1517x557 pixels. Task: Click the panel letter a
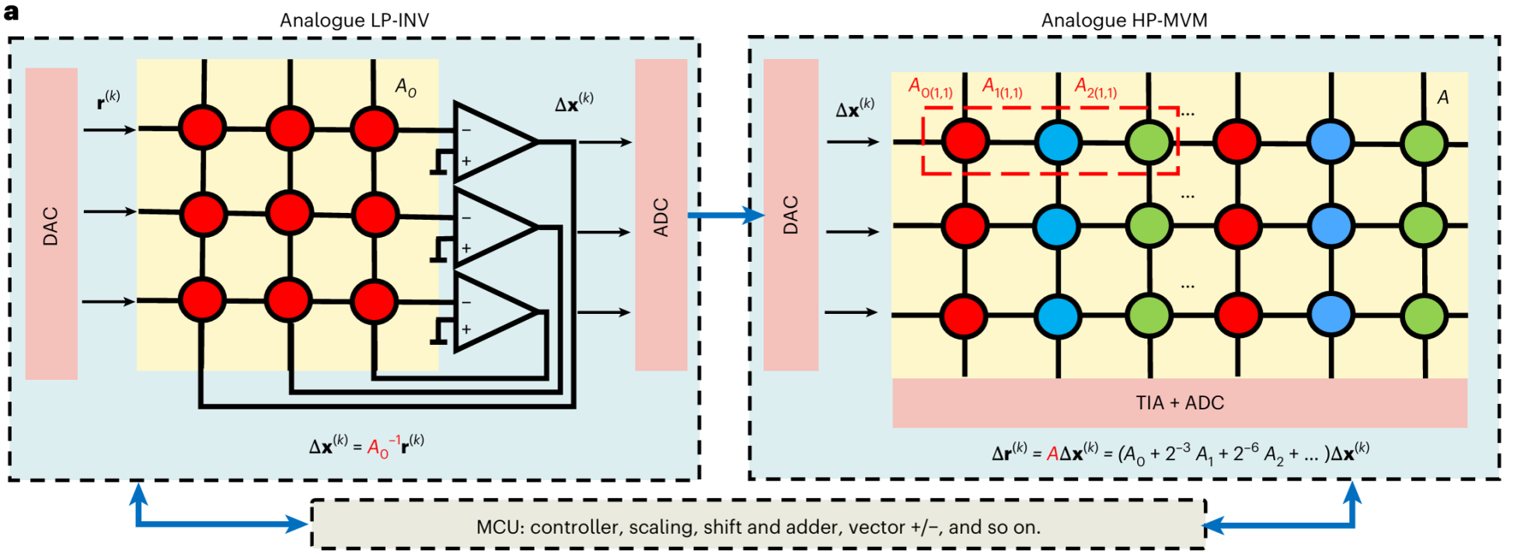(11, 13)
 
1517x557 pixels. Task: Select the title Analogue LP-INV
(354, 20)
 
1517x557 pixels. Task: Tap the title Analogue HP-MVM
(1124, 20)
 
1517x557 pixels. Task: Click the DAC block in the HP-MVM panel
(790, 215)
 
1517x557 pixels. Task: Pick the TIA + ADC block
(1179, 403)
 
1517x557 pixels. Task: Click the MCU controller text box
(758, 527)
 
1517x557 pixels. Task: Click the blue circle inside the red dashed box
(1058, 142)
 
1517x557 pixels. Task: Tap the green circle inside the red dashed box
(1149, 142)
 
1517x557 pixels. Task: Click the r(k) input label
(108, 100)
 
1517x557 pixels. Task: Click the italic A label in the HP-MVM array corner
(1442, 98)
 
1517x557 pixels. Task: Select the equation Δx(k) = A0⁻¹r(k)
(367, 446)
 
